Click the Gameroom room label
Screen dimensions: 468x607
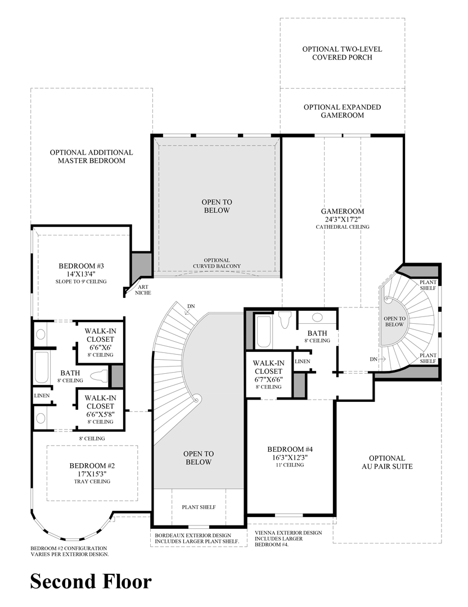(342, 211)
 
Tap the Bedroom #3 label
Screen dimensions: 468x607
(82, 266)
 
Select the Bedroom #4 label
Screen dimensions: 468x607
(290, 449)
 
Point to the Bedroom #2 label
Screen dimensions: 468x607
(92, 466)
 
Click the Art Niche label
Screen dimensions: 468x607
(143, 290)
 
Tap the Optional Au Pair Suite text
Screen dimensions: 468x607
(387, 462)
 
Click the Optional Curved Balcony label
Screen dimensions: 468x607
(217, 263)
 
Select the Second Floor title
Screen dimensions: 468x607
(91, 582)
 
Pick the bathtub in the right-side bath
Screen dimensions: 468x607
(264, 332)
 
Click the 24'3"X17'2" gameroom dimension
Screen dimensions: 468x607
(342, 220)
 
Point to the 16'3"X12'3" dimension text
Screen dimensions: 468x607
(290, 457)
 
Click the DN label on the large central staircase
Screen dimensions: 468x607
(191, 306)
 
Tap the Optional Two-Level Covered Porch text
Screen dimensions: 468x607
(342, 53)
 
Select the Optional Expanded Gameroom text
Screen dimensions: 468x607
(342, 111)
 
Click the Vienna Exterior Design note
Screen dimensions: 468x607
(288, 538)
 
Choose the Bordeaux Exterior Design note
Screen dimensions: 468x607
(197, 538)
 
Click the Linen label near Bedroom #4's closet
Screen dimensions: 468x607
(303, 361)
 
